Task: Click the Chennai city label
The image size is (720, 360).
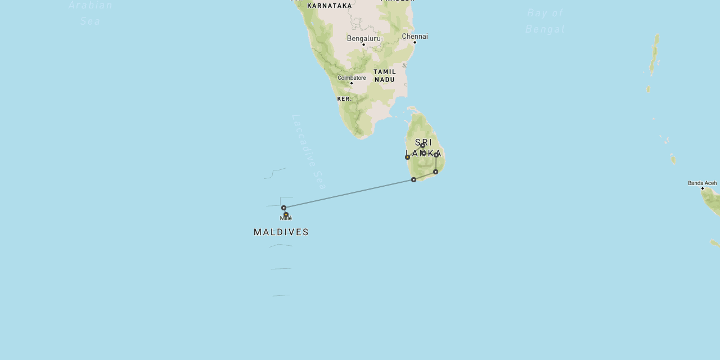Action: tap(415, 36)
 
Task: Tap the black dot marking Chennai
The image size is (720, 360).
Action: tap(415, 42)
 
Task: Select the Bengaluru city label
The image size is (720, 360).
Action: tap(363, 38)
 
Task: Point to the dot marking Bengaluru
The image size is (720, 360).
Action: tap(363, 44)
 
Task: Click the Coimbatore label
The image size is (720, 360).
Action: tap(352, 78)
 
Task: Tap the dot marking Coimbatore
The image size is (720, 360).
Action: tap(352, 83)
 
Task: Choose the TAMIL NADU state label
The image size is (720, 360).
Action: tap(385, 75)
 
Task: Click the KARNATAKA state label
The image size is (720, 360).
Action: tap(330, 6)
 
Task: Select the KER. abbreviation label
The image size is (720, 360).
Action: tap(344, 99)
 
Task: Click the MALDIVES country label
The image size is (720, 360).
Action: tap(281, 232)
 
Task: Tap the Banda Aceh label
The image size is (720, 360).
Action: tap(702, 183)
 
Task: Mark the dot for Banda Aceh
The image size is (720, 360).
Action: tap(703, 188)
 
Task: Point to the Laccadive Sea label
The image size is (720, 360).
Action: tap(309, 152)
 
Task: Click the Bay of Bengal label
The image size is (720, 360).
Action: tap(544, 21)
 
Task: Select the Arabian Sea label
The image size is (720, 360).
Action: tap(91, 13)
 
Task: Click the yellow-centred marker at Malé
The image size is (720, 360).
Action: tap(286, 214)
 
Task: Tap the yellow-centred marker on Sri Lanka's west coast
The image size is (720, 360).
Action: tap(408, 157)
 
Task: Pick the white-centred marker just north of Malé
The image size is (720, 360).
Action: tap(283, 208)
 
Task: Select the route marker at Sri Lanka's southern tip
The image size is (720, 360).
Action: tap(413, 179)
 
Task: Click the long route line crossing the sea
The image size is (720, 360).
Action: tap(349, 193)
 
